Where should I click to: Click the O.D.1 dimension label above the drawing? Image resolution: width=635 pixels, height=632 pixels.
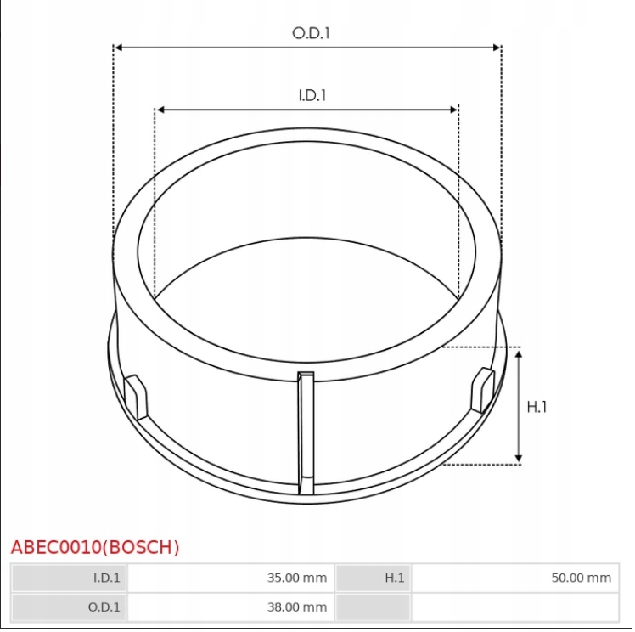[311, 33]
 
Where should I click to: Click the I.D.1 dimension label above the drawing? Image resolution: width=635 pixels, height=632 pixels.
[312, 95]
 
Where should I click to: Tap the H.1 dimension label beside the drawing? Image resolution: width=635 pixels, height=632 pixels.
[537, 407]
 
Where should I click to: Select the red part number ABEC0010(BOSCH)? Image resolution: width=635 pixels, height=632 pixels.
[95, 547]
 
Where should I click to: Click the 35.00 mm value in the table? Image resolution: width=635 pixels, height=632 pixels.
[297, 578]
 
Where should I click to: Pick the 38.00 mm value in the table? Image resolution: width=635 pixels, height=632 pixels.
[297, 607]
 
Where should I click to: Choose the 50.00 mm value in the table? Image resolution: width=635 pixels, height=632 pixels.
[581, 578]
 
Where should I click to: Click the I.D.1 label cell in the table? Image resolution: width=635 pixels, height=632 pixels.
[107, 578]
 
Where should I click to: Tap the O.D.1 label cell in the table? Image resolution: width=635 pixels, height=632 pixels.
[105, 607]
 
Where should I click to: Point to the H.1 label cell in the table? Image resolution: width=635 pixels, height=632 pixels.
[395, 578]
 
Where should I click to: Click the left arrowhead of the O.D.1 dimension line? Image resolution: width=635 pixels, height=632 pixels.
[119, 48]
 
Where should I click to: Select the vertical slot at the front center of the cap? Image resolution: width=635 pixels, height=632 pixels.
[306, 433]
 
